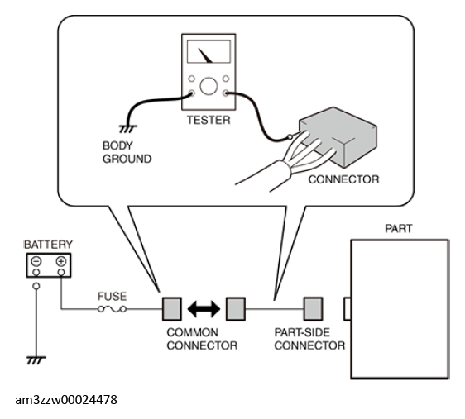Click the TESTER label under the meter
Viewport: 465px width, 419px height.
[209, 120]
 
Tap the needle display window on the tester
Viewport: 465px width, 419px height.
[209, 52]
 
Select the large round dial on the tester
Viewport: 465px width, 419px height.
[209, 86]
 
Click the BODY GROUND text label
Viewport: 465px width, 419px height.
[127, 152]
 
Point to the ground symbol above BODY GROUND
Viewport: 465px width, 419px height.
[127, 129]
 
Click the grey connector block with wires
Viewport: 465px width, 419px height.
[338, 137]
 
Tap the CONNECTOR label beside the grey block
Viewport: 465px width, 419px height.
[343, 179]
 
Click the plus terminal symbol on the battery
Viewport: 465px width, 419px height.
[61, 261]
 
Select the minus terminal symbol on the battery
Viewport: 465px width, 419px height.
[36, 261]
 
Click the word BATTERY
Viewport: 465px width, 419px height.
[48, 245]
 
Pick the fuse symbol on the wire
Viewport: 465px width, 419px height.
[112, 309]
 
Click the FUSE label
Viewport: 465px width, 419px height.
[112, 297]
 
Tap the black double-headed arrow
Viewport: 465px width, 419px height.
[204, 309]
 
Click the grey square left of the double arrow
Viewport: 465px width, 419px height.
[172, 309]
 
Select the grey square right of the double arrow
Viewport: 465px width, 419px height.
[236, 309]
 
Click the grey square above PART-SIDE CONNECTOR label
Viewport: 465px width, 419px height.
[313, 309]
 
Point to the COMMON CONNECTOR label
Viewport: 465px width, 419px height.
[202, 339]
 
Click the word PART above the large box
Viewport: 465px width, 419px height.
[399, 229]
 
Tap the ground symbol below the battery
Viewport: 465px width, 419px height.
[36, 360]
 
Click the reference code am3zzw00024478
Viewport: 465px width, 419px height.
[66, 400]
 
